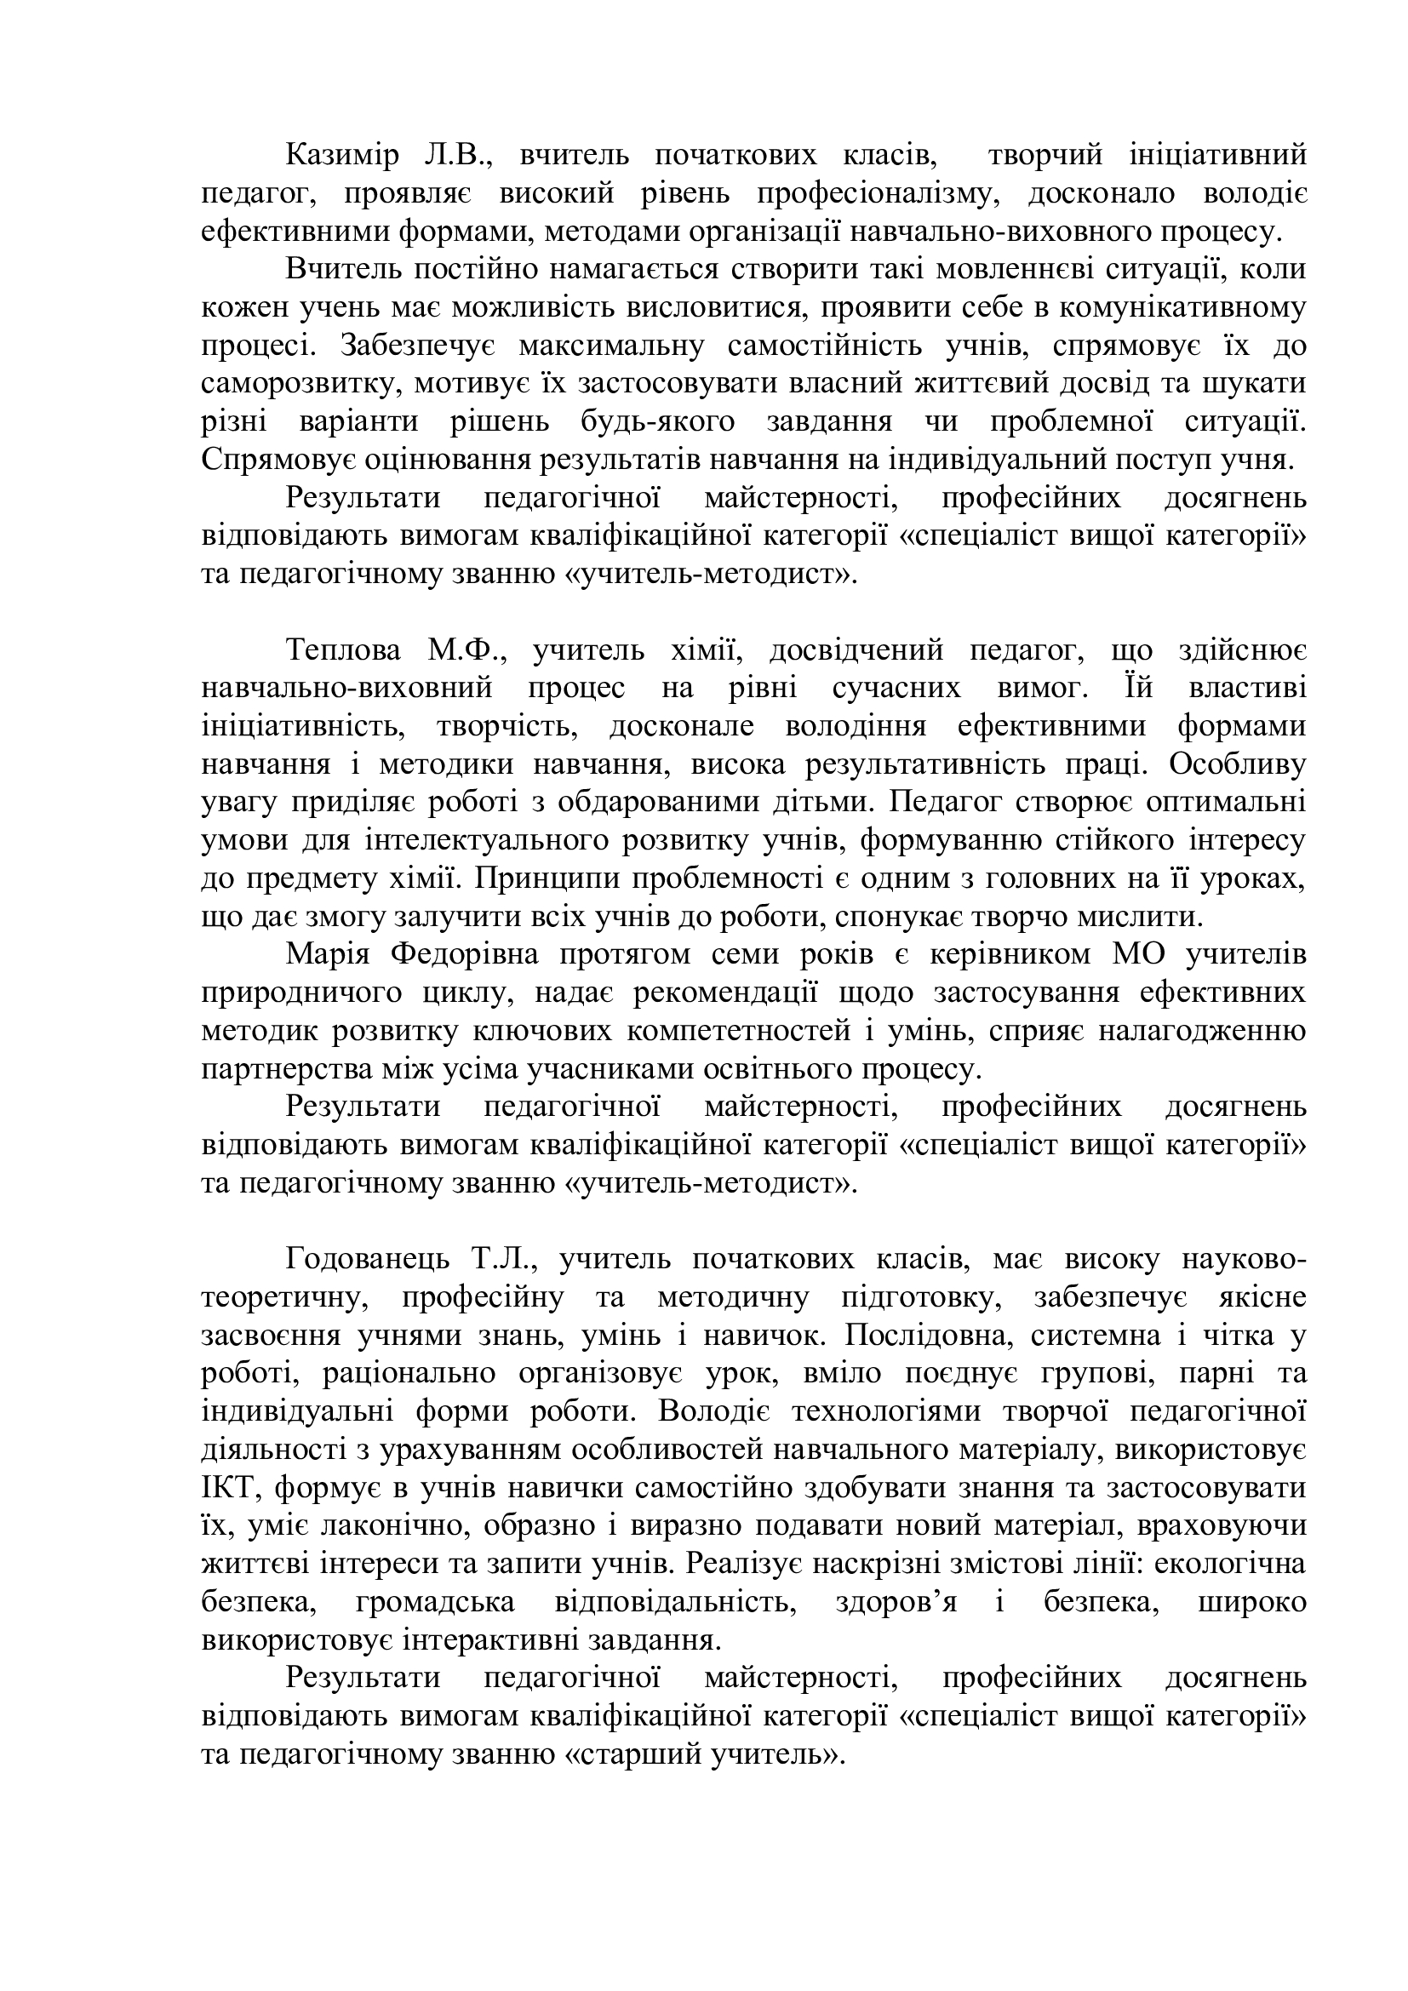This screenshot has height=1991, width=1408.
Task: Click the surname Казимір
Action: (342, 156)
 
